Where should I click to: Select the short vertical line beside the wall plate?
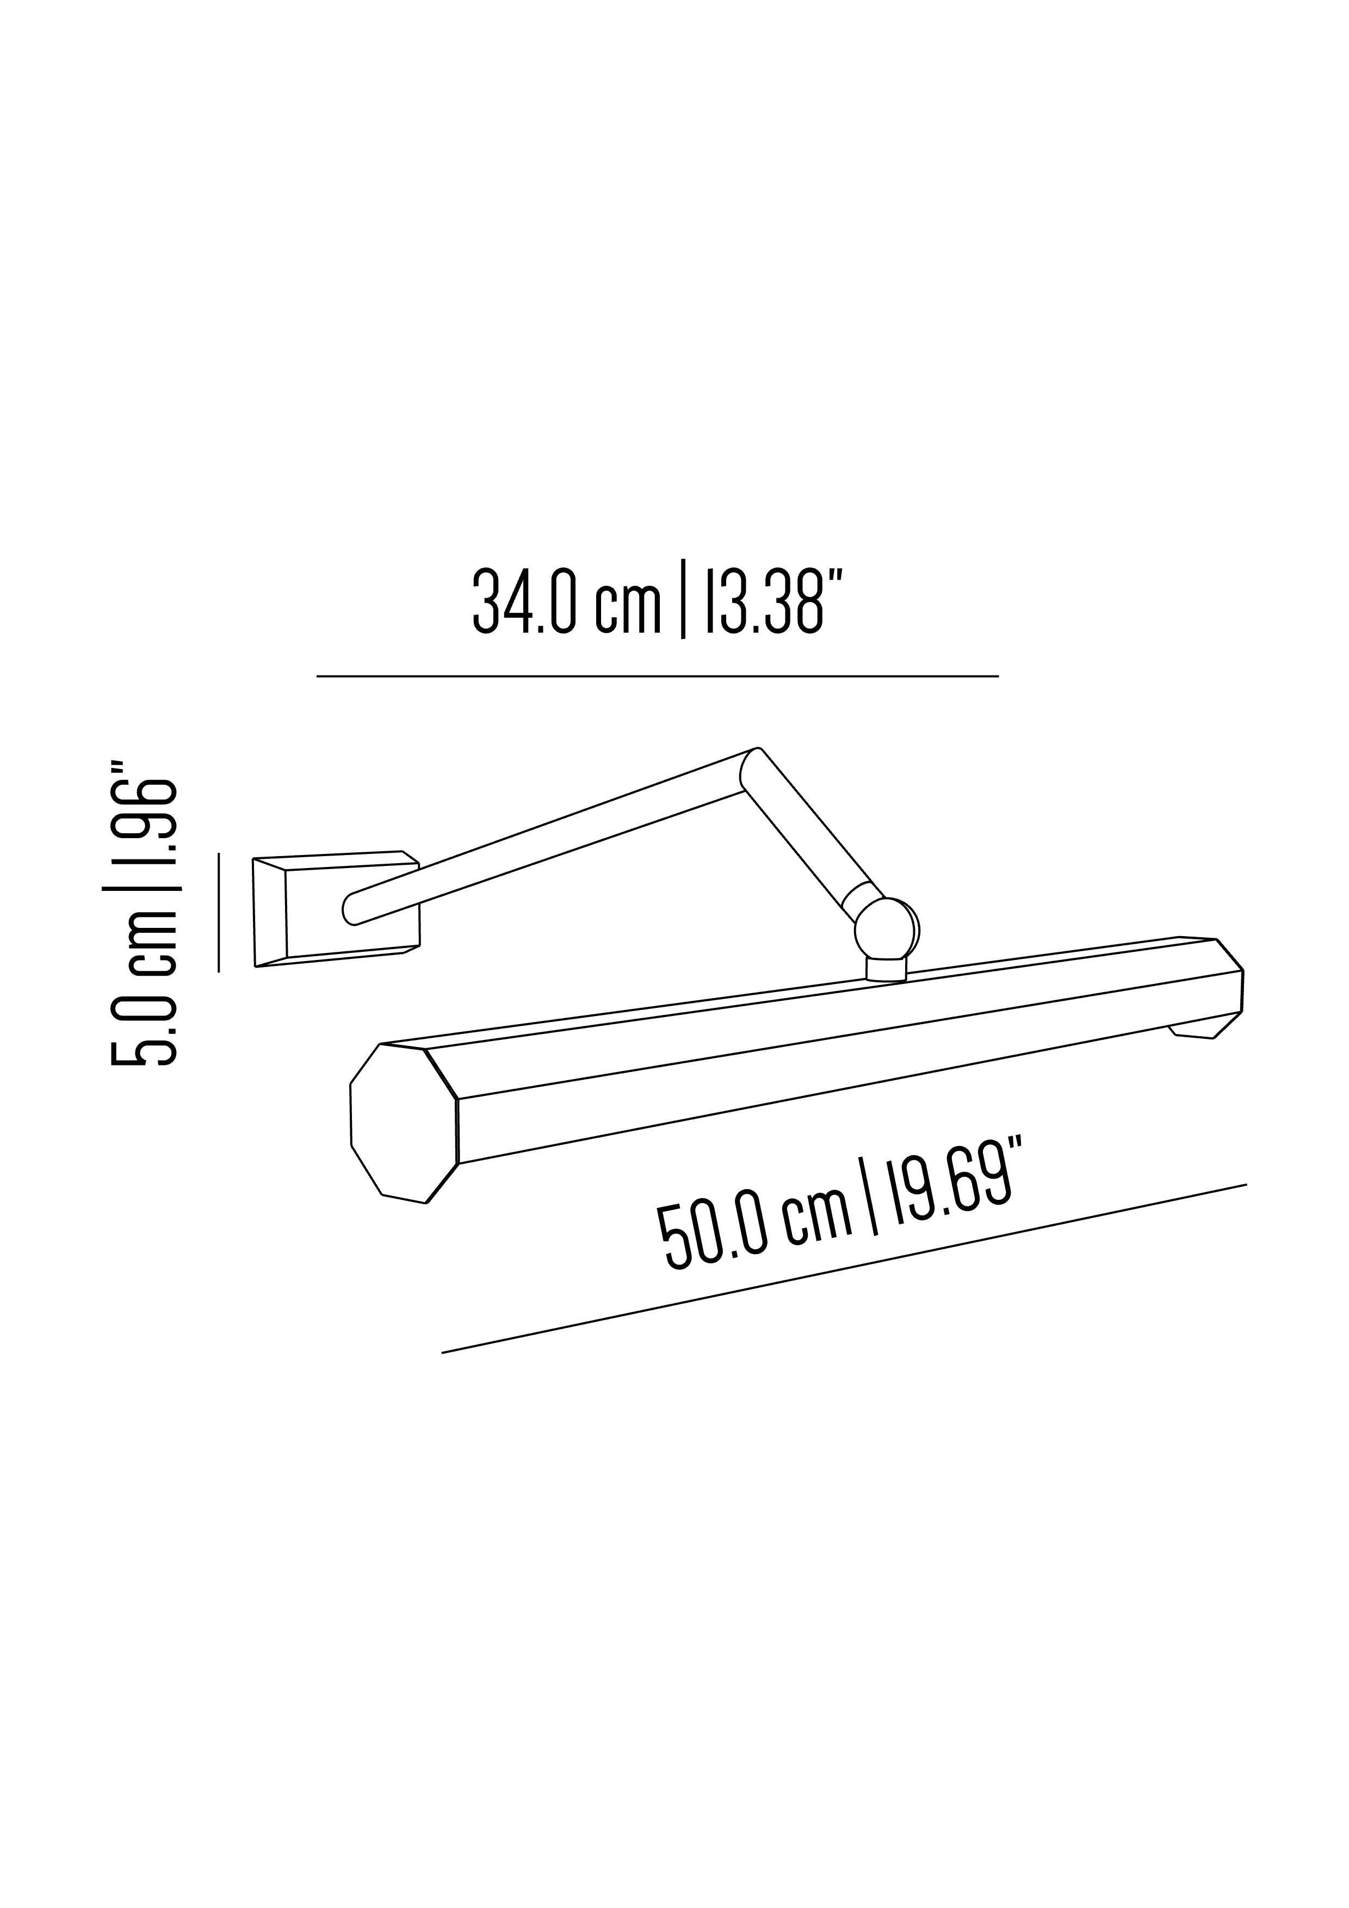(x=219, y=912)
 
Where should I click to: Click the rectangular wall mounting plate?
(x=332, y=910)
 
